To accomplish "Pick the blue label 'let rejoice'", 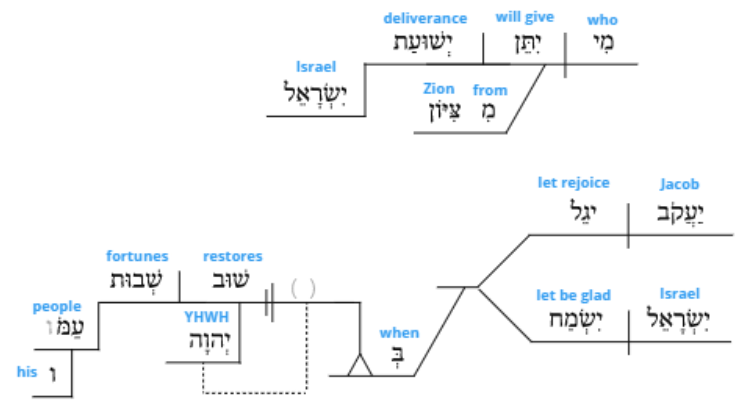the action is (x=574, y=183).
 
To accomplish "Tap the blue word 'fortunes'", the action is (x=137, y=256).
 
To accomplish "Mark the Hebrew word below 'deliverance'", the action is (x=423, y=43).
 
